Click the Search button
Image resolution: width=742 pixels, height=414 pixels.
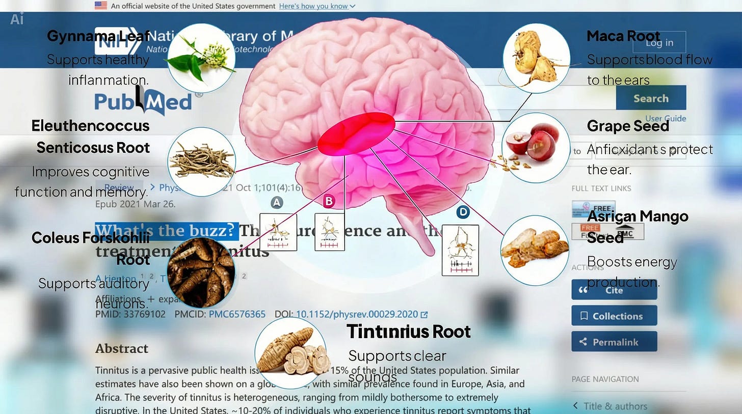click(x=650, y=98)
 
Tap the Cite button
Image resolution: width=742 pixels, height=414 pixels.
click(x=614, y=290)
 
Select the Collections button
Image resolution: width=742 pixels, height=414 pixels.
click(x=614, y=316)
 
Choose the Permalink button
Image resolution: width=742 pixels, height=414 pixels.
click(x=614, y=342)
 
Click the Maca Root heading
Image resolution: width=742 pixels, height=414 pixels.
click(x=623, y=36)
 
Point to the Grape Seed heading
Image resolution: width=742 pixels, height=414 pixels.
click(x=628, y=126)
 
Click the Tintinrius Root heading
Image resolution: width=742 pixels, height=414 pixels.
click(x=408, y=332)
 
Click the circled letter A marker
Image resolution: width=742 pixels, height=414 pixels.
click(x=276, y=203)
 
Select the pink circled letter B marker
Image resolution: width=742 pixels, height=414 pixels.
click(x=329, y=202)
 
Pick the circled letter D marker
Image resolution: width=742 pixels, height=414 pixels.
click(x=463, y=212)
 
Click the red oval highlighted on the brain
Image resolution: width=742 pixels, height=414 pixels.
click(x=356, y=133)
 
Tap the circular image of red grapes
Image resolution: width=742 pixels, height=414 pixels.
click(x=536, y=148)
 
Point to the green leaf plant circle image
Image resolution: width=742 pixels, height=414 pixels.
click(x=201, y=58)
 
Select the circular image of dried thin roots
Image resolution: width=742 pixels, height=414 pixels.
click(x=201, y=161)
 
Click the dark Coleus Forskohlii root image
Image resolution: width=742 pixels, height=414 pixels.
click(x=201, y=272)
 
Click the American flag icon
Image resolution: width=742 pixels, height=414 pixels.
click(x=101, y=6)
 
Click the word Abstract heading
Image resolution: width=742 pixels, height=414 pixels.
click(x=122, y=349)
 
